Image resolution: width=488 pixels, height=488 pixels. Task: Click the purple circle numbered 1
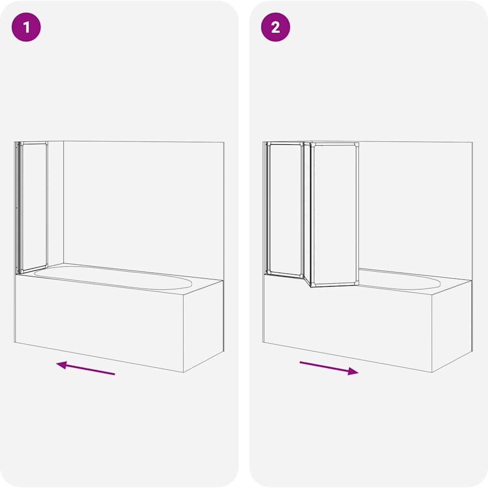coord(26,27)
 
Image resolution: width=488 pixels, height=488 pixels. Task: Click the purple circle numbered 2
coord(275,27)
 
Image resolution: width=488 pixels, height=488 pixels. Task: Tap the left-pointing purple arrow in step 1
coord(86,367)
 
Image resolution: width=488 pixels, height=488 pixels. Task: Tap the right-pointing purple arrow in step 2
coord(329,368)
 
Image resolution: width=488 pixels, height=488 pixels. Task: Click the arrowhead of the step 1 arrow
coord(61,365)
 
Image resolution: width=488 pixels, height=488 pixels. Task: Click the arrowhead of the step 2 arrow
coord(353,371)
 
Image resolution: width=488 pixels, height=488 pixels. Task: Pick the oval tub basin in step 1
coord(113,277)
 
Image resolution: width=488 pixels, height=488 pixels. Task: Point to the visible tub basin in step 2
coord(400,280)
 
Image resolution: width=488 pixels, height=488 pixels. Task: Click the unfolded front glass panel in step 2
coord(335,214)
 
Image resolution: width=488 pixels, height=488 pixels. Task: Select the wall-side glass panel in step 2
coord(285,209)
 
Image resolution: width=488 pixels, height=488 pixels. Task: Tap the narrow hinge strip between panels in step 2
coord(307,213)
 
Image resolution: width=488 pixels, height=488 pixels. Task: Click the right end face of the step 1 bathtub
coord(203,326)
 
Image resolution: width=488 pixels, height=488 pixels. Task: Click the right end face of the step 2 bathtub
coord(452,326)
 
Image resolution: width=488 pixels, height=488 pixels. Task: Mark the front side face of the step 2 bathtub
coord(347,324)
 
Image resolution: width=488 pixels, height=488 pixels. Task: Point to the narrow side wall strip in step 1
coord(56,203)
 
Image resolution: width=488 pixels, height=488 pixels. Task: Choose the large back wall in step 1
coord(143,211)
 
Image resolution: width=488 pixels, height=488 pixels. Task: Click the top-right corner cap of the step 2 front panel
coord(357,145)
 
